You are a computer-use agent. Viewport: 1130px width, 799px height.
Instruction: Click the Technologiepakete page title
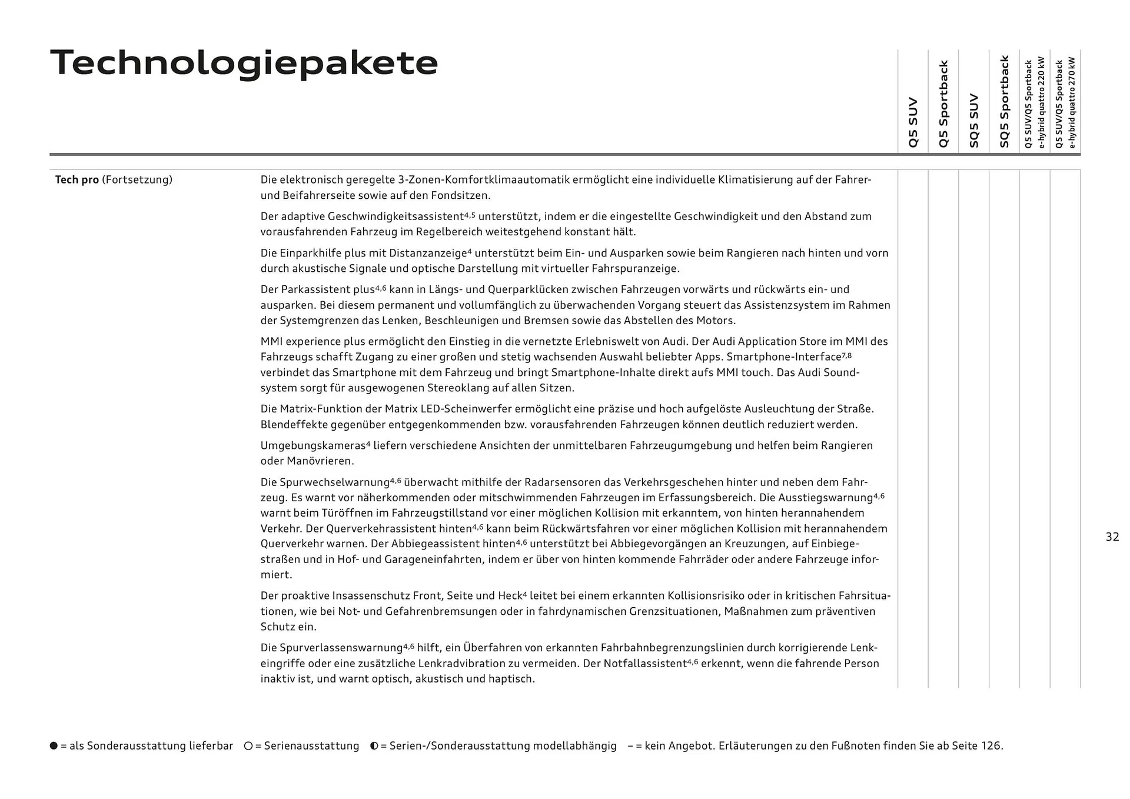244,63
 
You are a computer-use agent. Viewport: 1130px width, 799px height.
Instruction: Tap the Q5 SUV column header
913,122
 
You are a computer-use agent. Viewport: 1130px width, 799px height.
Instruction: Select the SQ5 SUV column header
974,121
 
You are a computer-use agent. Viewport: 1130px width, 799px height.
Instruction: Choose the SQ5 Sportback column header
1004,101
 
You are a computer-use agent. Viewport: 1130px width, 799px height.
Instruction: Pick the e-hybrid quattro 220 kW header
1035,103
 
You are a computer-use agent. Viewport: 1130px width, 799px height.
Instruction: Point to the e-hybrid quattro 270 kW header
1065,103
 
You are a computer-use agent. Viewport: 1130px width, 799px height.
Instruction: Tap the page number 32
1112,537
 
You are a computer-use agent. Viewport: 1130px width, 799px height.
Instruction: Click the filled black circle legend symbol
54,745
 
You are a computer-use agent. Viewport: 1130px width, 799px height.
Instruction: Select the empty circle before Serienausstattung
248,745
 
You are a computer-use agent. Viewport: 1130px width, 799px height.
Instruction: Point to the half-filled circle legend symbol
374,745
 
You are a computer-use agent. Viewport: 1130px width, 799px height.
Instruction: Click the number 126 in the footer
990,745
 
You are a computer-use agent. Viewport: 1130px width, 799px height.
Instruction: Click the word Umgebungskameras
313,445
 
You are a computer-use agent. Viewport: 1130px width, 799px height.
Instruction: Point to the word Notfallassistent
642,664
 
